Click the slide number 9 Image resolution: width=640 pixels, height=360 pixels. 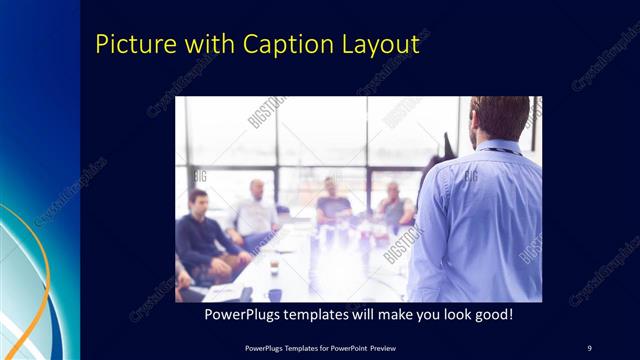pos(589,347)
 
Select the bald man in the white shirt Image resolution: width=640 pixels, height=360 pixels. pos(255,212)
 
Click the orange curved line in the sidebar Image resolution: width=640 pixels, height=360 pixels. pos(40,270)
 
